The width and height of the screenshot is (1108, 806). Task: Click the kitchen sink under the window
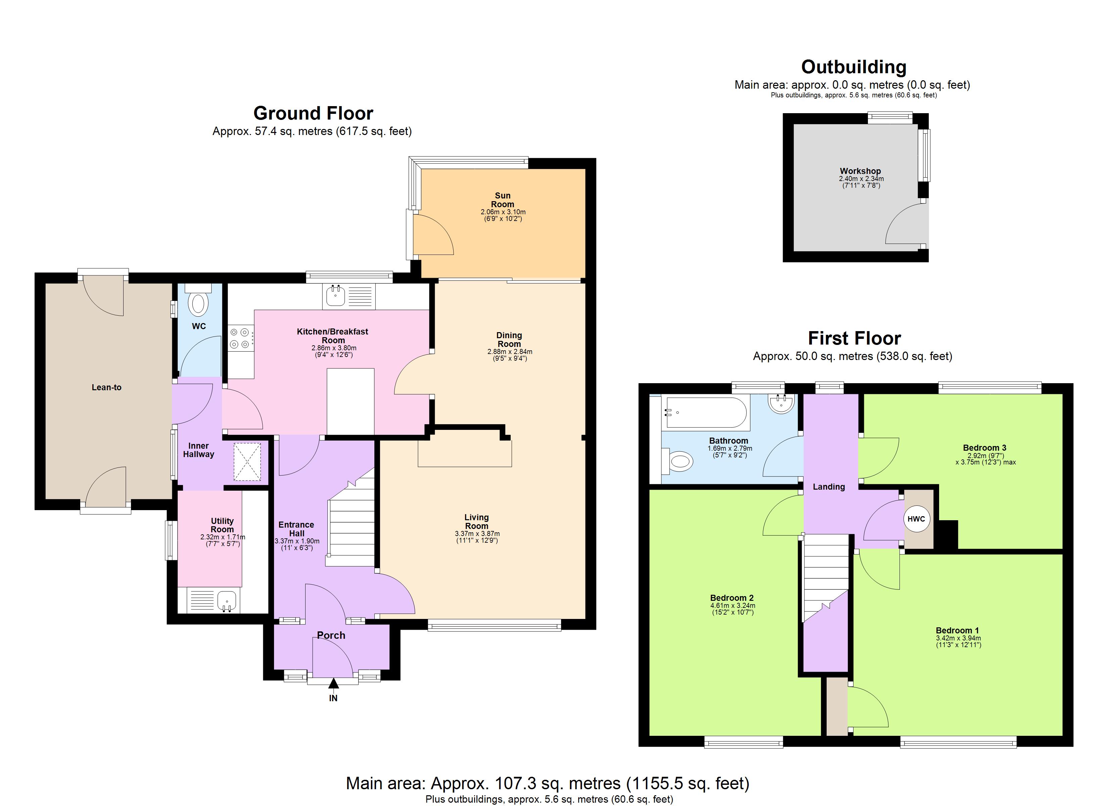click(335, 296)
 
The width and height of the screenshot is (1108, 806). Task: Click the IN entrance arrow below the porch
click(333, 683)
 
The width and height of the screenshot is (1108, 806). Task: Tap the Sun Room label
click(503, 200)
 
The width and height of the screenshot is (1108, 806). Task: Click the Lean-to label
click(106, 388)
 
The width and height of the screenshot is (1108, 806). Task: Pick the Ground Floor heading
click(313, 114)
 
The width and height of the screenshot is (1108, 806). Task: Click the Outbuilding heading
click(853, 67)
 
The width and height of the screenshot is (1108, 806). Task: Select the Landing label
click(829, 487)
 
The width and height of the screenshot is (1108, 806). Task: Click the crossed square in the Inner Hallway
click(247, 462)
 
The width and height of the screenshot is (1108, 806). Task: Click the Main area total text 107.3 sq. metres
click(547, 783)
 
